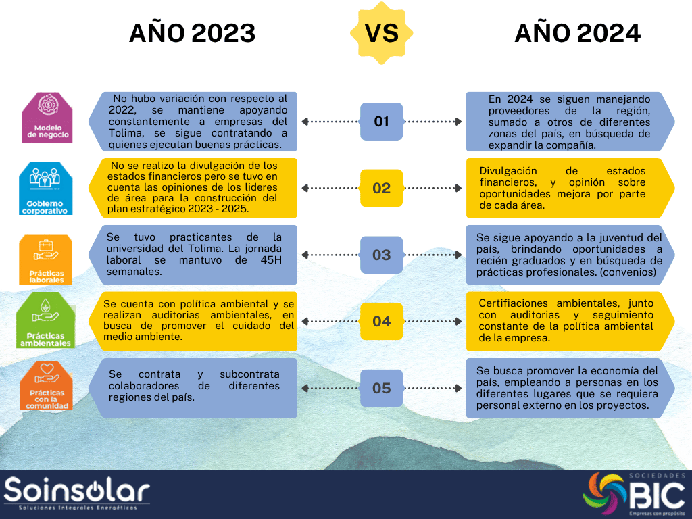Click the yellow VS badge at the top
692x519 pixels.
381,33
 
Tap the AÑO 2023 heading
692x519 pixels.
192,33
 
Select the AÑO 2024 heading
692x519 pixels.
577,33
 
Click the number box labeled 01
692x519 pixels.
381,122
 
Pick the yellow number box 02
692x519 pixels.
381,188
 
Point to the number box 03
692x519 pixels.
381,255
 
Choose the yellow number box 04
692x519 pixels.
381,321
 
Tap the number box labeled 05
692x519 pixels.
381,388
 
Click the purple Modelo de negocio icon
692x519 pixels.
47,118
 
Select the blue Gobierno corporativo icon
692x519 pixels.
45,188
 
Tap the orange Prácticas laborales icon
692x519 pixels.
45,259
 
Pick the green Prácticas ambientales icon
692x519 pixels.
45,320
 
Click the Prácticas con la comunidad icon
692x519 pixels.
47,385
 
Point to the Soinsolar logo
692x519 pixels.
77,493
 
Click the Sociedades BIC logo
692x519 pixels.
634,494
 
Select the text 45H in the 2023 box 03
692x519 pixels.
271,260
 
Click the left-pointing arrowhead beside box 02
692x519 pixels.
305,188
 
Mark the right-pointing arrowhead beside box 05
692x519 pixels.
459,388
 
